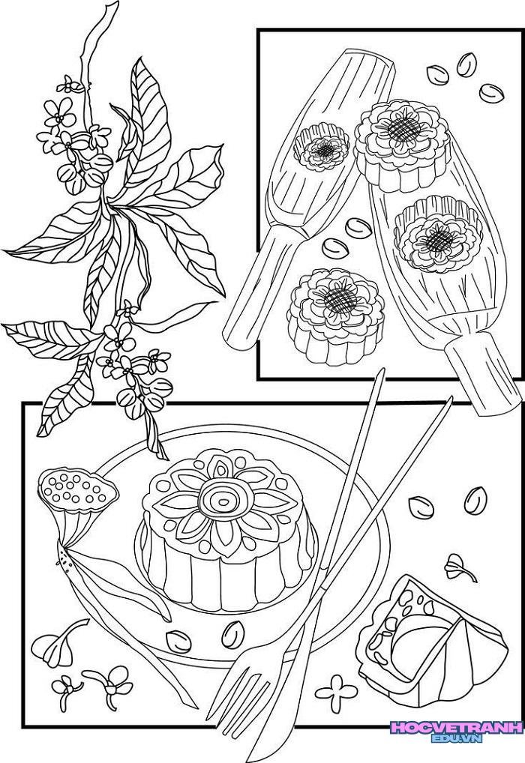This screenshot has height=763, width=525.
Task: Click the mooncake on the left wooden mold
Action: coord(322,146)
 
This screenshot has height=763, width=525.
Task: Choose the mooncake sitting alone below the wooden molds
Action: coord(336,316)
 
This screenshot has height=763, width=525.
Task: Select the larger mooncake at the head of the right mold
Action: coord(402,145)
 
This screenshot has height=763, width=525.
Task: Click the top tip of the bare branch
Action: coord(115,4)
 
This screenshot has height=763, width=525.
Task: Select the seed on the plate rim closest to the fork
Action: coord(233,635)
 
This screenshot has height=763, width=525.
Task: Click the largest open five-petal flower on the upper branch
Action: coord(59,114)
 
